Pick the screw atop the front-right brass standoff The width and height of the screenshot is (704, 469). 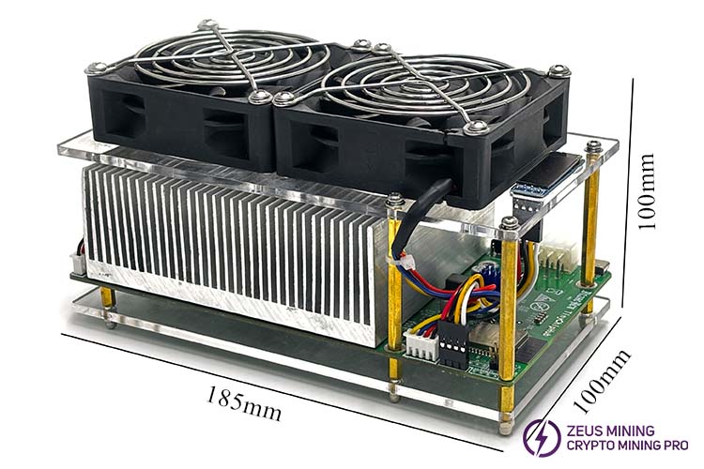click(x=509, y=223)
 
